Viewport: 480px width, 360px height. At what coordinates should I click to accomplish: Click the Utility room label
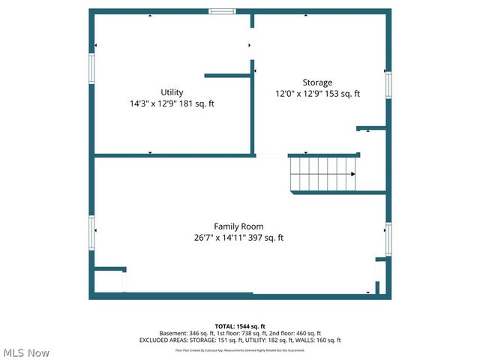[172, 92]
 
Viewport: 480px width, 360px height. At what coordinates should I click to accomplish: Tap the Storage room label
[317, 82]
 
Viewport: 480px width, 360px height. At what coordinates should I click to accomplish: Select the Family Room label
[238, 226]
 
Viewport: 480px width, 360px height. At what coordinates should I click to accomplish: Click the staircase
[323, 174]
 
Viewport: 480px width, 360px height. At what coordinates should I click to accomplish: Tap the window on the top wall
[221, 11]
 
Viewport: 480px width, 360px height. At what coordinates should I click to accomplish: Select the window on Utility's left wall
[92, 68]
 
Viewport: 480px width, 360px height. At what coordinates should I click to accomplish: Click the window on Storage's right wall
[388, 84]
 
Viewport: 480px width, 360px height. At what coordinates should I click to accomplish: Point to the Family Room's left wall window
[92, 233]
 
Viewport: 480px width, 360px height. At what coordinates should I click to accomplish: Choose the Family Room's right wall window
[388, 238]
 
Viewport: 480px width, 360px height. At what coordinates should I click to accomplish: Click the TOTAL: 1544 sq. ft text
[240, 326]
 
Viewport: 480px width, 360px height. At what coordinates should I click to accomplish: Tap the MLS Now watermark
[26, 352]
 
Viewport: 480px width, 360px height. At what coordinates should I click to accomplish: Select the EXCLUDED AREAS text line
[240, 340]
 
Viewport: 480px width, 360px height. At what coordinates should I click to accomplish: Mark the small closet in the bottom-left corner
[109, 281]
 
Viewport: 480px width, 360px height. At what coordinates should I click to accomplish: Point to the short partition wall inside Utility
[227, 76]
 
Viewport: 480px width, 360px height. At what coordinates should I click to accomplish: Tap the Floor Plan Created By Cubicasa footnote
[240, 350]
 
